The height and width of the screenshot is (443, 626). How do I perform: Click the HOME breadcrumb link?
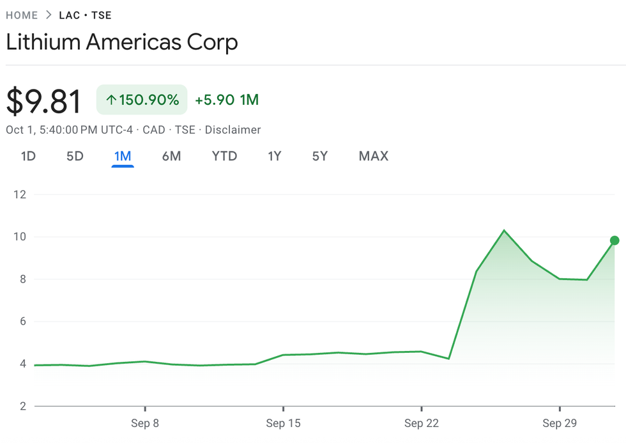(x=22, y=15)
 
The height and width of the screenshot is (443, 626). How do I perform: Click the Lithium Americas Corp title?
(x=122, y=42)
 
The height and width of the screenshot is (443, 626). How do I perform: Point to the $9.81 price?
(x=43, y=102)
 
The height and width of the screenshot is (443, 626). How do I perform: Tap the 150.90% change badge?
(x=142, y=100)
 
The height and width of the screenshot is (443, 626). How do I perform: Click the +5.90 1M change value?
(x=227, y=100)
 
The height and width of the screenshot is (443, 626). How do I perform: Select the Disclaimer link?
(x=233, y=130)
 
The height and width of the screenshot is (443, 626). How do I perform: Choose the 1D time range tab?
(x=28, y=156)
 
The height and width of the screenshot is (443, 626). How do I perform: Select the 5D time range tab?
(x=75, y=156)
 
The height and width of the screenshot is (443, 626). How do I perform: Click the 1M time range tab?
(x=123, y=156)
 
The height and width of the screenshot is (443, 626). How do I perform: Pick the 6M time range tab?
(x=171, y=156)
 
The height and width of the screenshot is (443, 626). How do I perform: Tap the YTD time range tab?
(x=224, y=156)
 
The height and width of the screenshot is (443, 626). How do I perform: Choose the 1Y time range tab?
(x=275, y=156)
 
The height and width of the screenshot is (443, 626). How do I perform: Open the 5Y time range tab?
(x=320, y=156)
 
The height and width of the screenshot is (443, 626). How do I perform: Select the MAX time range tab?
(x=374, y=156)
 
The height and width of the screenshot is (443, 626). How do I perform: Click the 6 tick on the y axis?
(x=22, y=322)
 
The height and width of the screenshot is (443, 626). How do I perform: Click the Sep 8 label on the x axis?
(x=145, y=423)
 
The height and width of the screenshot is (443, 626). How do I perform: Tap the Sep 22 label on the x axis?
(x=422, y=423)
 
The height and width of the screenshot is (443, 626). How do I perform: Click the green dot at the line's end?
(x=615, y=240)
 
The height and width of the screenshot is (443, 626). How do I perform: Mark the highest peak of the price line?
(x=504, y=230)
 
